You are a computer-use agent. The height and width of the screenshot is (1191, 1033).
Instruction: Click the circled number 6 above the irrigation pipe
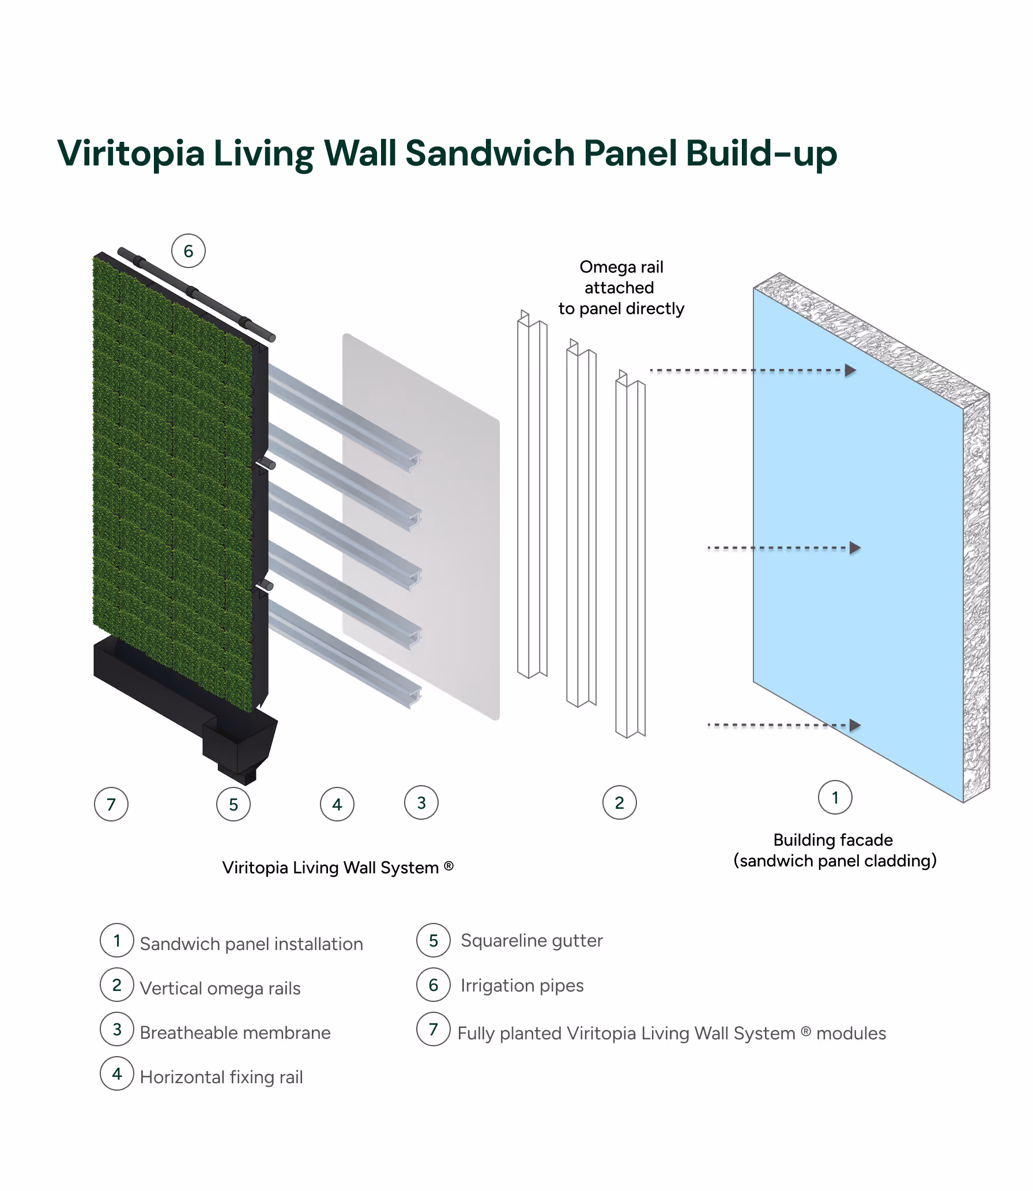pos(188,251)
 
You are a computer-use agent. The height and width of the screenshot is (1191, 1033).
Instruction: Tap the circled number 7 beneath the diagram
pos(111,804)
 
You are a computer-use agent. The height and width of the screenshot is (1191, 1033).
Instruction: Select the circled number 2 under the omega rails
pos(619,802)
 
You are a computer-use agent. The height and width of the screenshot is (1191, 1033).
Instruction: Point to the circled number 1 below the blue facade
pos(835,797)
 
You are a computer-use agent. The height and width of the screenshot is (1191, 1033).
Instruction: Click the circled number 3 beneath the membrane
pos(421,802)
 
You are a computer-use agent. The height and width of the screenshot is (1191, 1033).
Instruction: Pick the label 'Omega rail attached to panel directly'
pos(621,288)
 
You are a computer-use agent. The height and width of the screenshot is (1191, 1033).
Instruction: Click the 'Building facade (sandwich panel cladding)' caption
pos(834,850)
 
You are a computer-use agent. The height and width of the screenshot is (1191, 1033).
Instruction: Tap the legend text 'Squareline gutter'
pos(531,940)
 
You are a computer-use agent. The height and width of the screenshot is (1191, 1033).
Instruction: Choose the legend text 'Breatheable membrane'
pos(235,1032)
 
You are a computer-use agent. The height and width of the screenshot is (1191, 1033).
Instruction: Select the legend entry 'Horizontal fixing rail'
pos(221,1077)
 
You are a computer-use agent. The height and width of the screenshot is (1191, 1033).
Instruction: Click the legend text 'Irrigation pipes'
pos(522,985)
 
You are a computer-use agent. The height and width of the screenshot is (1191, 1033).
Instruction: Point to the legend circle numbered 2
pos(117,985)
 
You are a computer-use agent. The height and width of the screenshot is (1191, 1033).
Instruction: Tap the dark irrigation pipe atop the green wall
pos(196,293)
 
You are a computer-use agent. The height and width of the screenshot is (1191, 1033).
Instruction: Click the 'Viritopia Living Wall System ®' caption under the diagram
pos(338,868)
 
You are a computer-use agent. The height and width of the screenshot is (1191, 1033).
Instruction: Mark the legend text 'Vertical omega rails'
pos(220,988)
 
